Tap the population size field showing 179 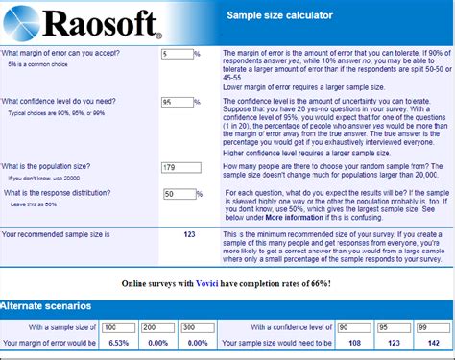pos(181,167)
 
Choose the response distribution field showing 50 pos(179,193)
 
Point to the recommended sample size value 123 pos(189,233)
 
